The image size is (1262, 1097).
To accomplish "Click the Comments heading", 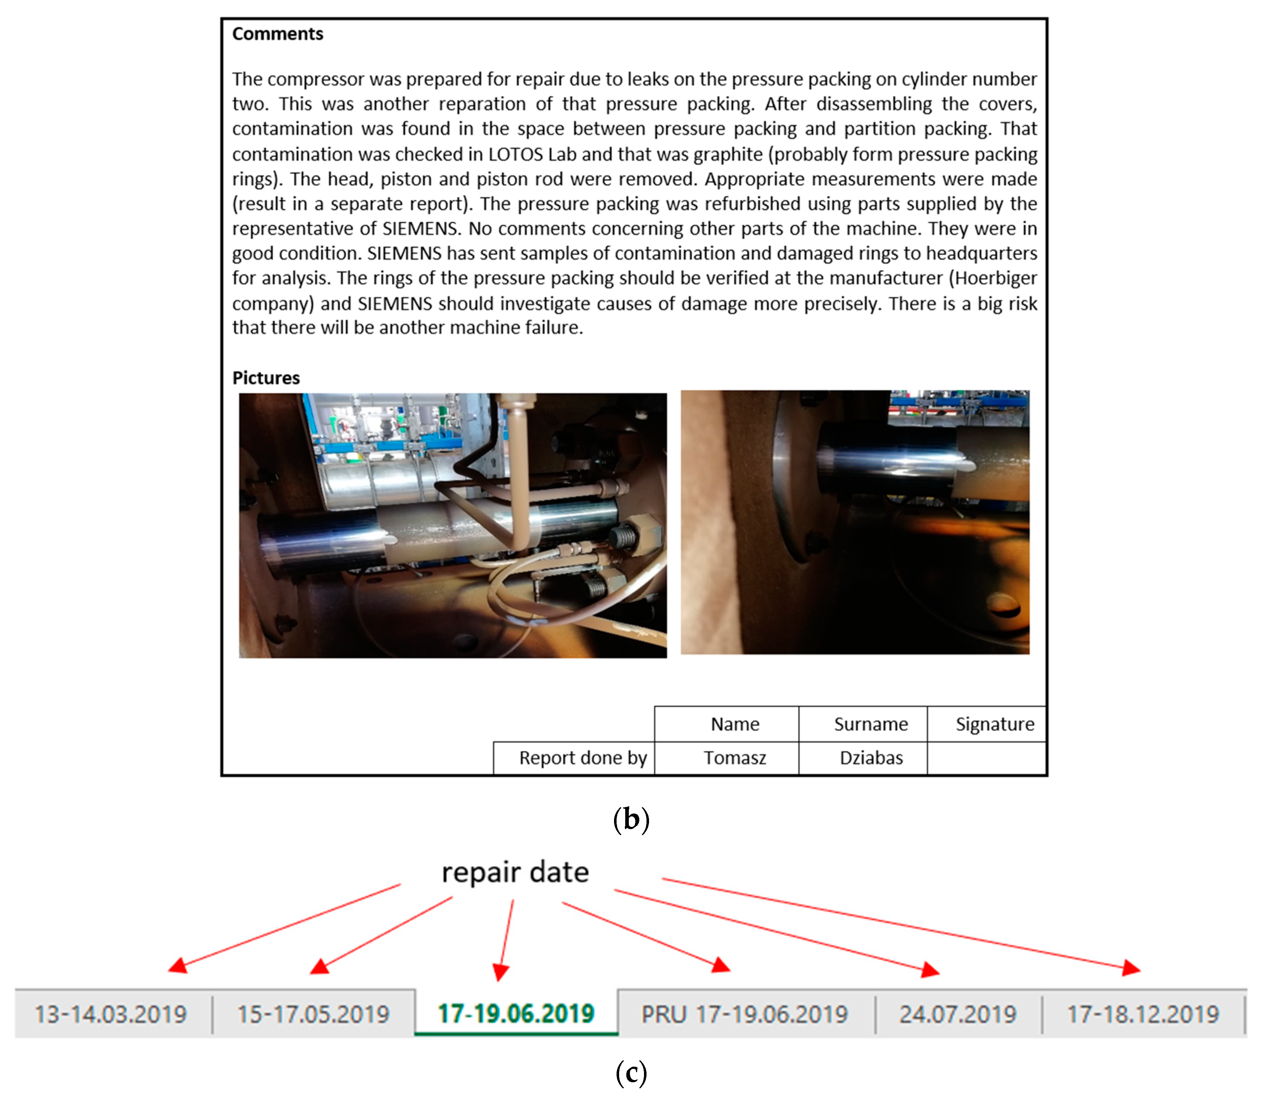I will tap(277, 34).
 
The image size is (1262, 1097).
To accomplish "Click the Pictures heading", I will tap(266, 378).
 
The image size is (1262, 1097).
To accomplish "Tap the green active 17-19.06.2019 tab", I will tap(516, 1014).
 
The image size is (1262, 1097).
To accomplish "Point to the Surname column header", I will tap(870, 724).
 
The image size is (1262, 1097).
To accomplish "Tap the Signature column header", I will tap(994, 724).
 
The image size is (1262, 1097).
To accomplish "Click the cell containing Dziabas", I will tap(871, 758).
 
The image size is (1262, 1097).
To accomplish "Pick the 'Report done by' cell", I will tap(583, 758).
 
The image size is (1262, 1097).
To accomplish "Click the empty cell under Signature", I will tap(986, 758).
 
